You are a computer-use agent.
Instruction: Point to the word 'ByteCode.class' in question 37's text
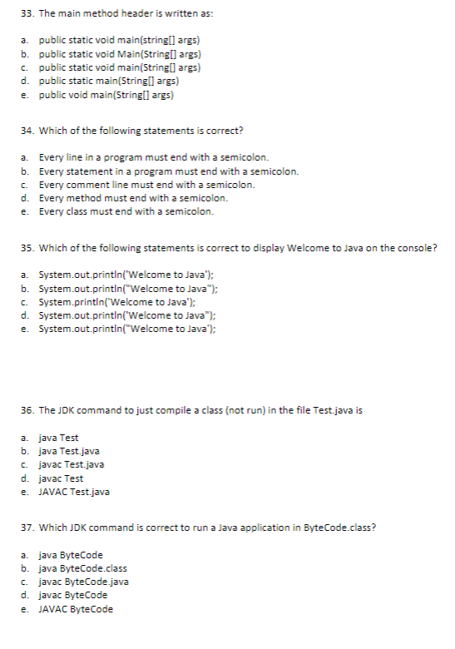[343, 528]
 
